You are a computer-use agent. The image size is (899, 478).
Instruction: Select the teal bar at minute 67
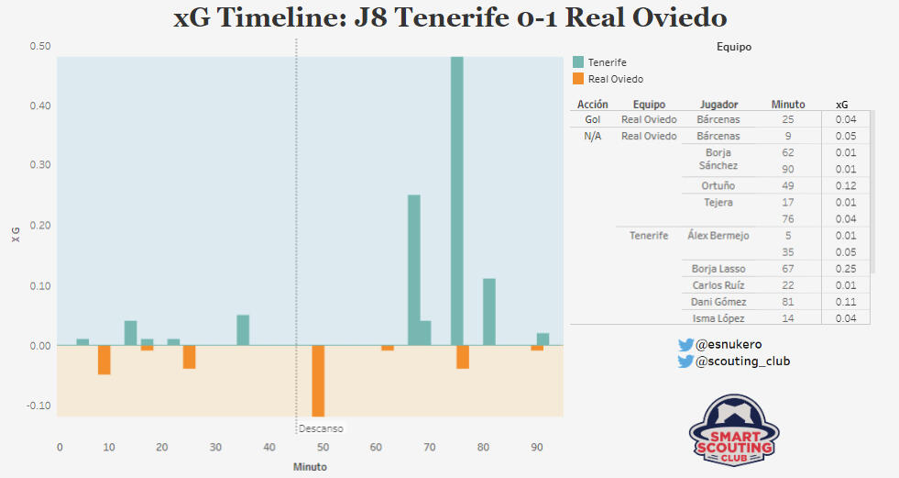(x=413, y=270)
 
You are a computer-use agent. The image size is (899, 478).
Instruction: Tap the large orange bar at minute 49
(x=318, y=381)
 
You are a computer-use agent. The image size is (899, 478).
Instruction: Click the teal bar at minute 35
(x=243, y=330)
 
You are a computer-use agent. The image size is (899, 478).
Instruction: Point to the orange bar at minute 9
(x=104, y=360)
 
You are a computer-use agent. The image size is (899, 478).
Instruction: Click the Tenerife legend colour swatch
(x=578, y=61)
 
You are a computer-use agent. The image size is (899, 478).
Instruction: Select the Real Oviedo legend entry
(x=615, y=79)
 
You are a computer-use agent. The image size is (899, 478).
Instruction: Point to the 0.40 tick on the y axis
(x=39, y=106)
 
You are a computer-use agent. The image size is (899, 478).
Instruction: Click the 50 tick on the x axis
(x=322, y=447)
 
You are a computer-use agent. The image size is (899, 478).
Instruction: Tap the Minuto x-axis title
(x=310, y=466)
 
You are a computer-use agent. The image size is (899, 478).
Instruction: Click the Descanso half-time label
(x=320, y=428)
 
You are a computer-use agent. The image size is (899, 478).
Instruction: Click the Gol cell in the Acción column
(x=592, y=119)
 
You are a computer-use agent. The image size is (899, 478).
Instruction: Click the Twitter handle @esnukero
(x=729, y=344)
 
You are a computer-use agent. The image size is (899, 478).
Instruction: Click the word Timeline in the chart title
(x=275, y=18)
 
